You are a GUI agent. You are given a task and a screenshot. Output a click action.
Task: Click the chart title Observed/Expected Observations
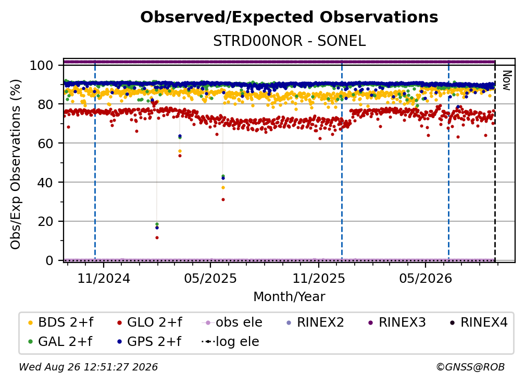[x=289, y=17]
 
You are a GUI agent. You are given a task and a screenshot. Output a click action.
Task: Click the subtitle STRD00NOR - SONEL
[x=289, y=41]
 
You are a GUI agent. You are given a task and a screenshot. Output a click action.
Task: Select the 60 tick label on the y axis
[x=45, y=143]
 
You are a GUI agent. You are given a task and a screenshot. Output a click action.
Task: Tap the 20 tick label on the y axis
[x=45, y=221]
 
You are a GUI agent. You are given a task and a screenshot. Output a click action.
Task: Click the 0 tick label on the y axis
[x=49, y=260]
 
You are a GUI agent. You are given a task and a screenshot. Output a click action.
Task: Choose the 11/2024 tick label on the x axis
[x=104, y=278]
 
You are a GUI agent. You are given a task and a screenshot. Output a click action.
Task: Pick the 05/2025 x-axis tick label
[x=210, y=278]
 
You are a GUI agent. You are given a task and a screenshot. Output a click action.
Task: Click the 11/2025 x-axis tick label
[x=319, y=278]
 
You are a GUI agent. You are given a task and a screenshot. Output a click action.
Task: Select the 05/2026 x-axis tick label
[x=426, y=278]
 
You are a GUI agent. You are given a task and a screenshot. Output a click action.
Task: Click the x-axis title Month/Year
[x=289, y=297]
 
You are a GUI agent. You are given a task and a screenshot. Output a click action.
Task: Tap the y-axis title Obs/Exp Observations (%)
[x=16, y=164]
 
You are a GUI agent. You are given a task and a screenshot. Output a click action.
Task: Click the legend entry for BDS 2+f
[x=60, y=322]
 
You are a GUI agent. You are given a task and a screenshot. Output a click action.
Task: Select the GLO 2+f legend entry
[x=149, y=322]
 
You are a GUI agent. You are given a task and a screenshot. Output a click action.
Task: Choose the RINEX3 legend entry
[x=397, y=322]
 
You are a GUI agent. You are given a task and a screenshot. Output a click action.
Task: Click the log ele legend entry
[x=230, y=341]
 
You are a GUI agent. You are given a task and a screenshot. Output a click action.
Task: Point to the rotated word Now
[x=507, y=80]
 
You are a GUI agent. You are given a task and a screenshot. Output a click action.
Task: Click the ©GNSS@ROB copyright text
[x=470, y=367]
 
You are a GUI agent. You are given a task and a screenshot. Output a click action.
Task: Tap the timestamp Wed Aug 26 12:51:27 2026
[x=88, y=367]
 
